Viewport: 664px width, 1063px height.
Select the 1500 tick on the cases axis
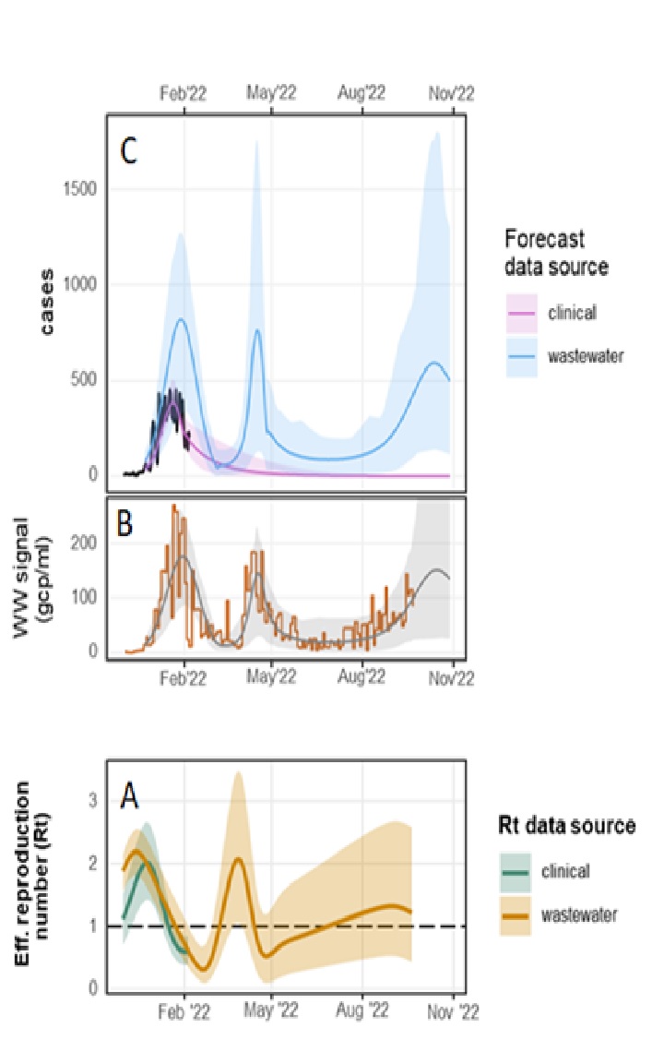tap(82, 189)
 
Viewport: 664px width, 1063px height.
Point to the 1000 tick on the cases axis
tap(82, 285)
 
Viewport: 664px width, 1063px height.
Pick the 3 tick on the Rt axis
tap(92, 800)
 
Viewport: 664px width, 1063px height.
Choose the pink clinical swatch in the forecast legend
tap(522, 313)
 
